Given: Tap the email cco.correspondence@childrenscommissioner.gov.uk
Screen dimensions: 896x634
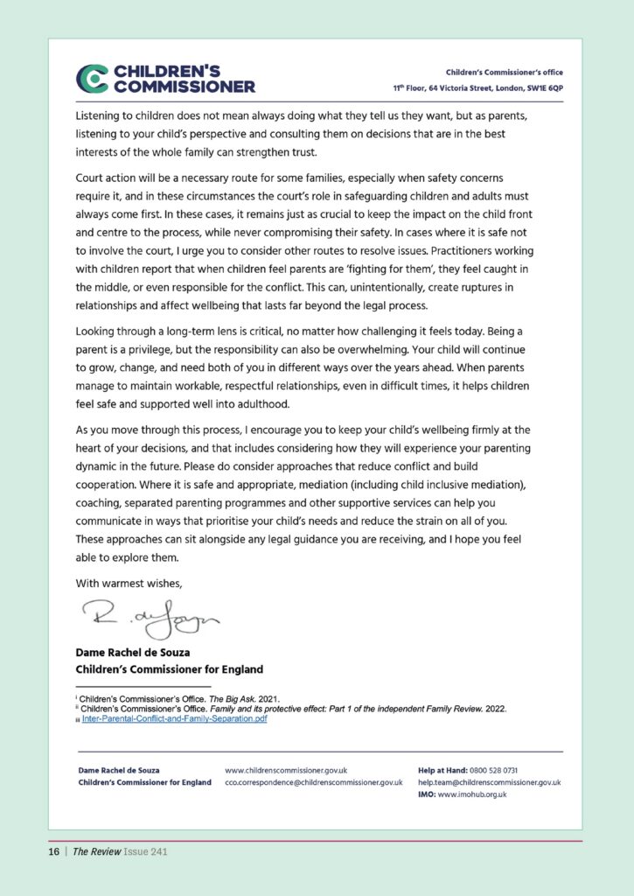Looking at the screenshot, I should click(x=313, y=782).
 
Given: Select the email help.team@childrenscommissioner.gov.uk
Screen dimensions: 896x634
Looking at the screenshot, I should click(x=489, y=782).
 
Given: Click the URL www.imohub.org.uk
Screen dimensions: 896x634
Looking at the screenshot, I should click(x=472, y=794).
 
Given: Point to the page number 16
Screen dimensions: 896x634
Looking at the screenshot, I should click(x=53, y=850).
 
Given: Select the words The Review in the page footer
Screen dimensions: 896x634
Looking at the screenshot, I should click(x=93, y=850).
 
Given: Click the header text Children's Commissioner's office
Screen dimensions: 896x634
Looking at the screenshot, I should click(x=505, y=72).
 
